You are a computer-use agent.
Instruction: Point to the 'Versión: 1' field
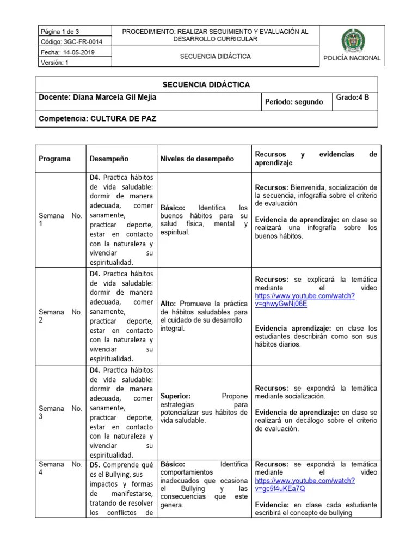[x=54, y=62]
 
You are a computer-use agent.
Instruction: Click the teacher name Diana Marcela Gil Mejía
[x=93, y=98]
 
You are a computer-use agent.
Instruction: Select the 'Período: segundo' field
[x=293, y=102]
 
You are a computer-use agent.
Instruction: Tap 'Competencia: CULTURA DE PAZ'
[x=97, y=118]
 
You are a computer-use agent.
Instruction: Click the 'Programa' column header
[x=54, y=159]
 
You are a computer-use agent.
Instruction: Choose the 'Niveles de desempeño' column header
[x=197, y=159]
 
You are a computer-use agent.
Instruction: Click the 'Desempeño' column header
[x=109, y=159]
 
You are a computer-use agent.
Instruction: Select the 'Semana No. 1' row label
[x=60, y=220]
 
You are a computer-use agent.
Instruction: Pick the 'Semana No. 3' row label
[x=60, y=413]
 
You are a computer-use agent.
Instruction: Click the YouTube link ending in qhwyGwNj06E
[x=305, y=300]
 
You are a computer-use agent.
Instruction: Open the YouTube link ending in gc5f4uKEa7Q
[x=305, y=485]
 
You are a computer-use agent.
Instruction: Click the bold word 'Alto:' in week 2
[x=169, y=303]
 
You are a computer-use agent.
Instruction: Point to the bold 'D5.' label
[x=95, y=464]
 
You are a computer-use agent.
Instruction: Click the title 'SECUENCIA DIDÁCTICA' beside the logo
[x=216, y=56]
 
